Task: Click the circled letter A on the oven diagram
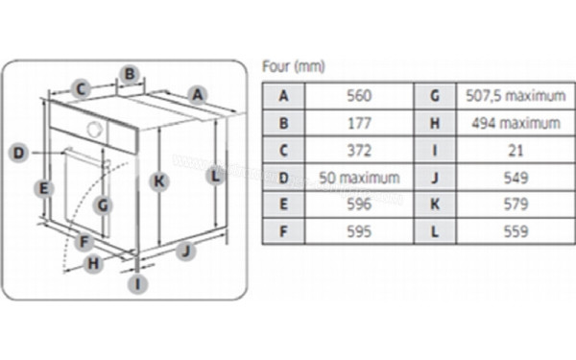(x=198, y=95)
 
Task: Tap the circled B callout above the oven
(x=130, y=74)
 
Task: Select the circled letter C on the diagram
(x=81, y=88)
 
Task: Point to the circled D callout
(x=18, y=153)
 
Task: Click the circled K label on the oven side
(x=159, y=181)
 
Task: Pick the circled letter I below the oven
(x=137, y=284)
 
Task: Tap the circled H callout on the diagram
(x=93, y=263)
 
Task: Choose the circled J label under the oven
(x=186, y=251)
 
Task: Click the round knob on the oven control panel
(x=94, y=129)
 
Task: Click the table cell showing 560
(x=359, y=96)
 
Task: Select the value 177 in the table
(x=359, y=123)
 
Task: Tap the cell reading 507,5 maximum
(x=516, y=96)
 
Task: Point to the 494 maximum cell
(x=516, y=123)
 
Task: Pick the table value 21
(x=516, y=151)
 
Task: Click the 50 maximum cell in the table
(x=359, y=178)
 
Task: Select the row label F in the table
(x=283, y=231)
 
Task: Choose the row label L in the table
(x=435, y=231)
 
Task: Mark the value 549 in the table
(x=516, y=178)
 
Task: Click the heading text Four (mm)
(x=294, y=66)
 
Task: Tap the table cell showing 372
(x=359, y=151)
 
